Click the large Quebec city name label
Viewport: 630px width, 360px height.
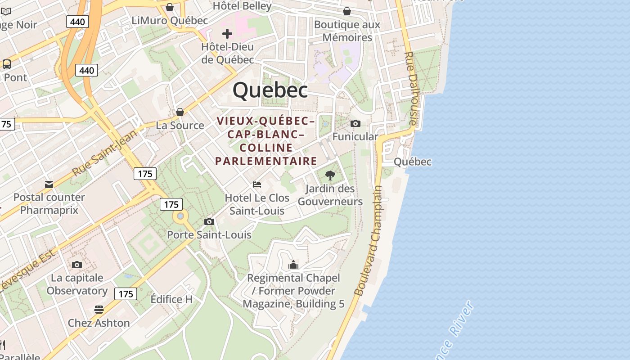click(270, 90)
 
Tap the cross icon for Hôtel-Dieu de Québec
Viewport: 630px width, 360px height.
click(227, 34)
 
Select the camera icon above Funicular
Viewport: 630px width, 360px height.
click(355, 123)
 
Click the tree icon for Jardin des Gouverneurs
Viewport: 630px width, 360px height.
click(330, 175)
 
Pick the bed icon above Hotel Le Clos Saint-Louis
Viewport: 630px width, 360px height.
click(257, 184)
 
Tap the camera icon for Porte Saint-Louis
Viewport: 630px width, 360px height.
click(209, 221)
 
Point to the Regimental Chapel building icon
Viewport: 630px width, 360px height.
click(293, 265)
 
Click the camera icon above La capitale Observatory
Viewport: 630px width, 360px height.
click(77, 265)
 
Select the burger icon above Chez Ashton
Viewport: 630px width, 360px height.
click(99, 310)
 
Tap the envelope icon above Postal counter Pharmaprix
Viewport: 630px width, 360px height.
click(49, 184)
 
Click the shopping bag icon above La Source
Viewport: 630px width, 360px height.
click(180, 112)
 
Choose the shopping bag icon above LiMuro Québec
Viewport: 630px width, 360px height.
click(170, 7)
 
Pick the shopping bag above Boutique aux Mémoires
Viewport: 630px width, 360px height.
click(347, 11)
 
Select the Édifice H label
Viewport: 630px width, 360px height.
click(171, 299)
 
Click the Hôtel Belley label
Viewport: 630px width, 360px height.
click(242, 6)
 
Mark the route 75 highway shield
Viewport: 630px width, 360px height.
click(6, 124)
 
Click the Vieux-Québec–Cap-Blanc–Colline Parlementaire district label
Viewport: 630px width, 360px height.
click(266, 141)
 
